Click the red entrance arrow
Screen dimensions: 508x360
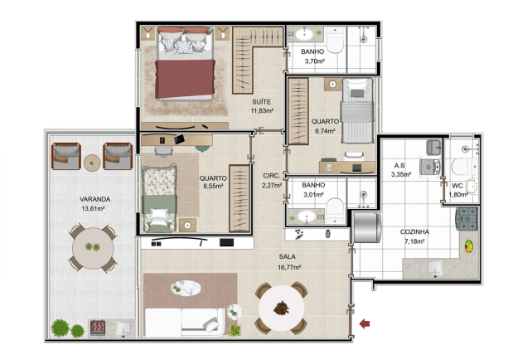pos(365,324)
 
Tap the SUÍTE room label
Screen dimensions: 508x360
pos(261,102)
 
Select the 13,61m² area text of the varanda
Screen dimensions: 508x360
pos(93,208)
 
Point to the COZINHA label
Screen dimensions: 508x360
pos(414,232)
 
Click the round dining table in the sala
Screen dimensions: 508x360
pos(281,308)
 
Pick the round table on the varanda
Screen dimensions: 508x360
pos(93,248)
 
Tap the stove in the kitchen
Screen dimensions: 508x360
pos(467,219)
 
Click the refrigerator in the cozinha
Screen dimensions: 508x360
pos(367,227)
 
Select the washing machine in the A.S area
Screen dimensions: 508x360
pos(430,167)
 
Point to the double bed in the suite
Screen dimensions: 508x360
pos(186,64)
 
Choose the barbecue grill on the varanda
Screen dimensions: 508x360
pos(98,328)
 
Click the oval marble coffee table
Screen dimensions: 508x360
pos(186,289)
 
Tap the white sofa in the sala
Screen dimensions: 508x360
pos(184,322)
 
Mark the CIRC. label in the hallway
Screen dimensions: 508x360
pos(272,176)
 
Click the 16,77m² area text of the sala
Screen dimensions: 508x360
pos(289,267)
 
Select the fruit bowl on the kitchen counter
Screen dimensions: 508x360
pos(468,246)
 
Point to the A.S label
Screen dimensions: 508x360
pos(399,165)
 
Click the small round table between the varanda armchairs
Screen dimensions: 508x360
pos(92,163)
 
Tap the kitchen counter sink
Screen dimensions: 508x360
pos(434,269)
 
